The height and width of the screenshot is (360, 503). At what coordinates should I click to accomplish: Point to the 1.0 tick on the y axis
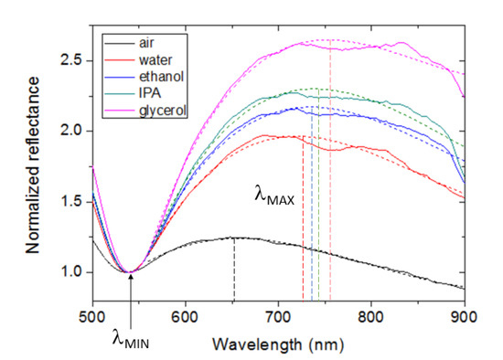[76, 272]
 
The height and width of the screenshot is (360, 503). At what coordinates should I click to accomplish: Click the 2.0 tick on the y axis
[76, 131]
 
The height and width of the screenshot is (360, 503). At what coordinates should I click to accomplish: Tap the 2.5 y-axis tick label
[76, 60]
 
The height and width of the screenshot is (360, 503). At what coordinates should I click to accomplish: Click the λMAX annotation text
[273, 196]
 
